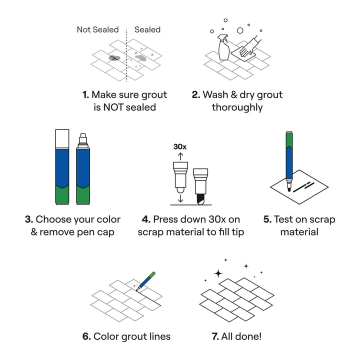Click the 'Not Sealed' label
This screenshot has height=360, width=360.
pos(97,29)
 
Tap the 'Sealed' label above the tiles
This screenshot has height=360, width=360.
pos(147,29)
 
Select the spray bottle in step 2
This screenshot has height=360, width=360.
pos(223,47)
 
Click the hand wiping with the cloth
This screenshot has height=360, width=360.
pos(250,47)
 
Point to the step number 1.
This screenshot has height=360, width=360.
pos(85,94)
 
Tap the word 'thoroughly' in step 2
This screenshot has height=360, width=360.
pos(237,107)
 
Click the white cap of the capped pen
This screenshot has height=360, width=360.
pos(62,139)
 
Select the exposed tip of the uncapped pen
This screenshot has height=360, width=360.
pos(83,140)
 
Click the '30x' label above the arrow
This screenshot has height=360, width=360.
pos(180,146)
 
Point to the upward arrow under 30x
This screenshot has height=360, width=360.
pos(180,156)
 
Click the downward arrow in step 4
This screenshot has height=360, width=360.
pos(180,198)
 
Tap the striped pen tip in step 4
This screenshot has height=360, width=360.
pos(201,199)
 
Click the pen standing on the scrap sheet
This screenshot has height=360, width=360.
pos(289,161)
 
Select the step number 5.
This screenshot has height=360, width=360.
pos(267,219)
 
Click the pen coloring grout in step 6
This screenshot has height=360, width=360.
pos(145,281)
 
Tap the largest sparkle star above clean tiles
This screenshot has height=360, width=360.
pos(218,273)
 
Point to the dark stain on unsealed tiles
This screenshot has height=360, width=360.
pos(114,58)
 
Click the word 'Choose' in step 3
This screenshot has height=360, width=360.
pos(50,219)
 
